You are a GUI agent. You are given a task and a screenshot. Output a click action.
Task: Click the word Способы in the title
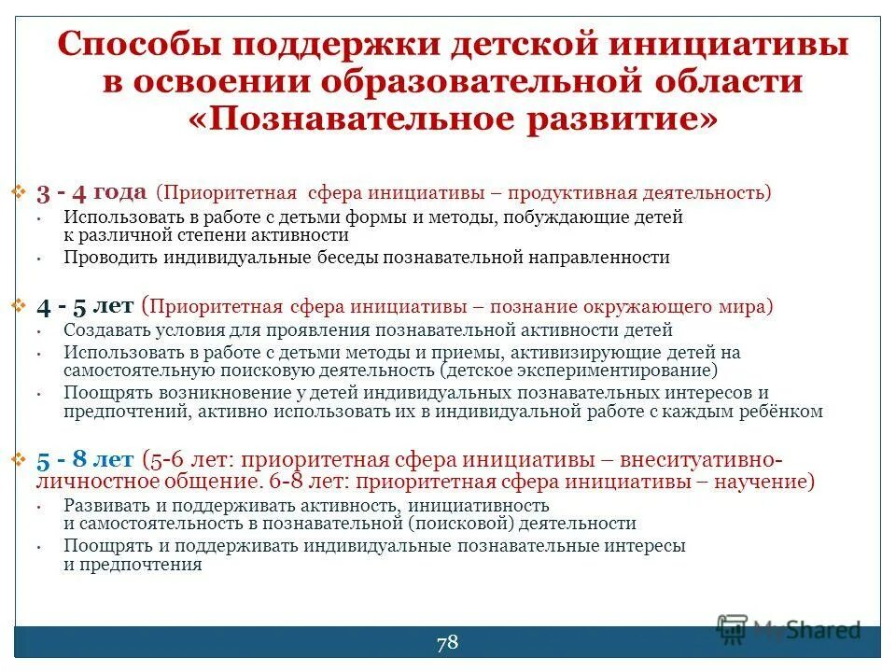point(141,45)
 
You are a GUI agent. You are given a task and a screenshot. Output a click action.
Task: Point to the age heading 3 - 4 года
point(91,193)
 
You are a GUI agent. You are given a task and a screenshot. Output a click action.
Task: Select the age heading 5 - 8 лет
point(85,459)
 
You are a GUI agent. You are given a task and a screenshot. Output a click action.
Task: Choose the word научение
point(763,483)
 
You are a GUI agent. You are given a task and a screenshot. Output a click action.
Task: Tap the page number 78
point(447,641)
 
